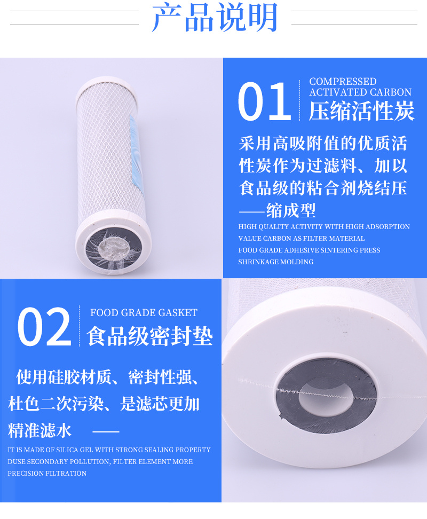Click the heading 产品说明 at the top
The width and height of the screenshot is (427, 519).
click(x=215, y=18)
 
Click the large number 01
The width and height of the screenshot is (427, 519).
click(x=264, y=101)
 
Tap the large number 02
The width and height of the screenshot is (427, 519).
click(x=44, y=327)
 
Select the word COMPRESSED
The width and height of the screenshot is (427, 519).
click(x=343, y=81)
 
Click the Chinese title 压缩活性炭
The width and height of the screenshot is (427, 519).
click(x=361, y=111)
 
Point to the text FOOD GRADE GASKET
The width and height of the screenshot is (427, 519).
click(x=144, y=313)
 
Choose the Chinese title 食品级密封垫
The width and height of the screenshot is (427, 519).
click(x=149, y=336)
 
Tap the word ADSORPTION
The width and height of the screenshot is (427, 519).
click(x=391, y=227)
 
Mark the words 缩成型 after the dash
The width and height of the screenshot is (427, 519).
click(x=291, y=210)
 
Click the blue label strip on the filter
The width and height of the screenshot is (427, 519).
click(x=136, y=154)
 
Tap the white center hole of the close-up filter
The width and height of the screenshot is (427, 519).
click(x=326, y=396)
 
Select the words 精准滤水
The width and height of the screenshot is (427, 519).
click(x=39, y=430)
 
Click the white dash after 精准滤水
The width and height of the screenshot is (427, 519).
click(x=106, y=431)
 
